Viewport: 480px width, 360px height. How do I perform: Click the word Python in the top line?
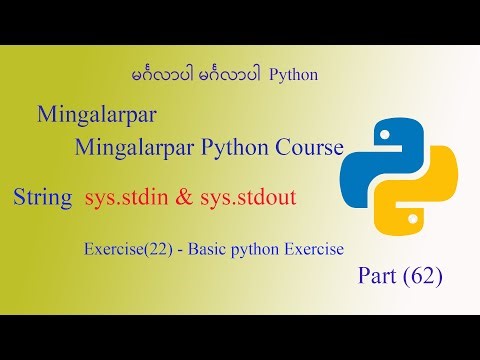pos(298,75)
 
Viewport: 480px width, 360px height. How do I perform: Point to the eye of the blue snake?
pos(380,135)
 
